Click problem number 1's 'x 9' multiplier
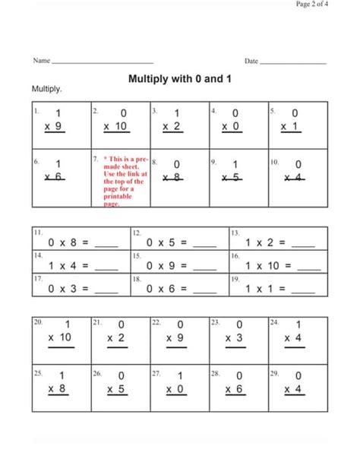point(53,126)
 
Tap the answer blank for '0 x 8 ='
point(106,245)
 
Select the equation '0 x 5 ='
point(167,243)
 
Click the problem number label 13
point(235,231)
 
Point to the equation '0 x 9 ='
point(167,266)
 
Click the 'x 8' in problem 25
point(56,388)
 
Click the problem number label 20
point(38,322)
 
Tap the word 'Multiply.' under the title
point(47,90)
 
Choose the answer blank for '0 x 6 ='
point(205,291)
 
